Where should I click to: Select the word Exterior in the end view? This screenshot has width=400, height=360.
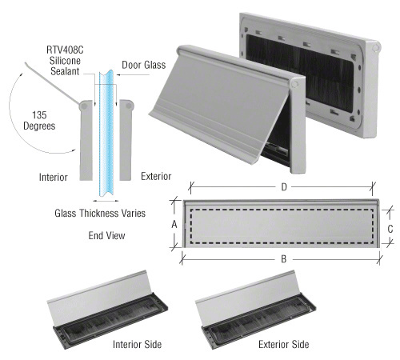click(x=157, y=176)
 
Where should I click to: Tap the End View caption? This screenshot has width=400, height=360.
click(x=106, y=236)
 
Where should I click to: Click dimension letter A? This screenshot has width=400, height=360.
click(x=174, y=225)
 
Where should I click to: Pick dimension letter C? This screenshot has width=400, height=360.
click(x=390, y=228)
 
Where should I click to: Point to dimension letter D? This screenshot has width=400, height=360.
click(x=284, y=187)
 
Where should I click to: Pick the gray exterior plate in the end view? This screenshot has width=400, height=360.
click(x=125, y=140)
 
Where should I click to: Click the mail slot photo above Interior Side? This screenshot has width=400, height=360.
click(x=105, y=309)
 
